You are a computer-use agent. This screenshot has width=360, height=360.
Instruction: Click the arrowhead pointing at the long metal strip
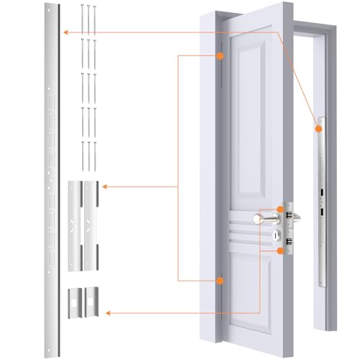(x=65, y=32)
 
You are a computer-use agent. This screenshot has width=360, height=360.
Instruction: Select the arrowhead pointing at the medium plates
(x=105, y=186)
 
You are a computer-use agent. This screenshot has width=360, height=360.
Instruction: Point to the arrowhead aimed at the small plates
(x=107, y=312)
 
